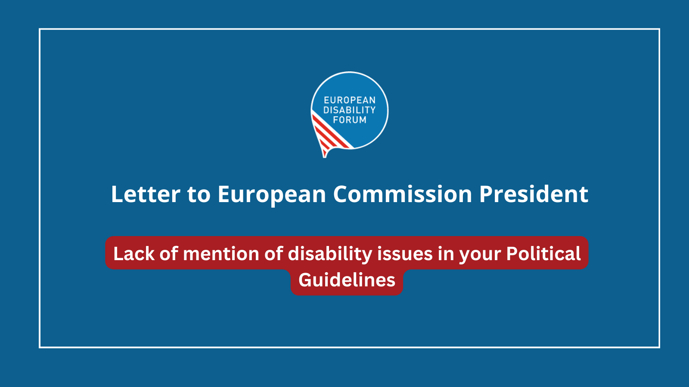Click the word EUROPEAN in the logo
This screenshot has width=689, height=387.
pos(350,100)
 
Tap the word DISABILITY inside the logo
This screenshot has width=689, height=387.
pos(349,110)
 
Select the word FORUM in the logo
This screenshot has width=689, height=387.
pos(350,120)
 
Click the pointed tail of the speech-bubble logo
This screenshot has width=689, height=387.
pos(325,157)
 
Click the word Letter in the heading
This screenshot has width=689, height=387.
pos(146,194)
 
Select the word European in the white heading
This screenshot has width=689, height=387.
pos(272,195)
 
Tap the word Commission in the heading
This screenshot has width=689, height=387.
pos(403,194)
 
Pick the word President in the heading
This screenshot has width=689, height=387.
pos(534,194)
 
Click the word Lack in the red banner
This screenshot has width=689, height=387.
pos(134,254)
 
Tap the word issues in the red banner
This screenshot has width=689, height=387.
pos(405,254)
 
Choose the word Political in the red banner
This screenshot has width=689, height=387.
pos(543,254)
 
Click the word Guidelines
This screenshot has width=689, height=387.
pos(347,280)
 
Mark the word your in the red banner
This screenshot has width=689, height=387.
pos(480,256)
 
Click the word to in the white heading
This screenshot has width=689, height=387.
pos(199,195)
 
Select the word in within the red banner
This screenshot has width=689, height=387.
pos(446,254)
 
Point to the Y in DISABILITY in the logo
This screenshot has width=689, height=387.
pos(372,110)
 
